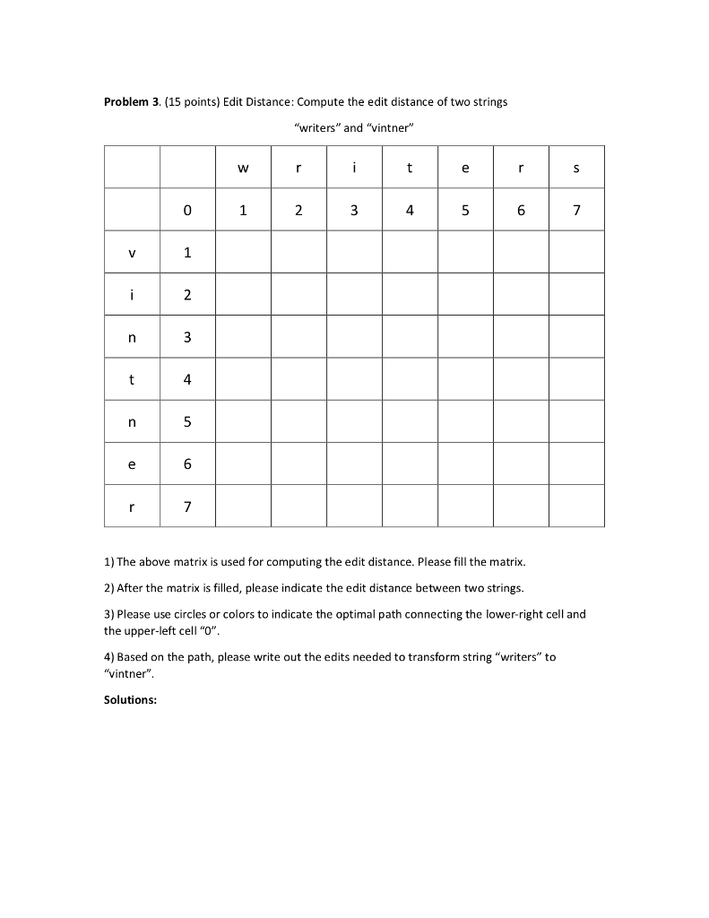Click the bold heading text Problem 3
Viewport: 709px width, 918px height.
133,102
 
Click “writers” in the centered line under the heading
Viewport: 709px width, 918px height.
317,128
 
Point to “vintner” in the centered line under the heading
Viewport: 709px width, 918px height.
390,128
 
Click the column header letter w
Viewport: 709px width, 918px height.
243,168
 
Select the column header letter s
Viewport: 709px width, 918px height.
576,168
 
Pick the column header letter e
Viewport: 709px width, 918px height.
465,168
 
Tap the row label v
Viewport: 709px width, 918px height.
132,253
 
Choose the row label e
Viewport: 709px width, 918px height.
132,464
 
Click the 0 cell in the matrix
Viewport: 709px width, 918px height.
187,211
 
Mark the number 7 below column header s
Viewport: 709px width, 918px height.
576,211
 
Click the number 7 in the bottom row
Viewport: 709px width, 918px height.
187,507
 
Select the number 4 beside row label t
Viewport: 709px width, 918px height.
187,380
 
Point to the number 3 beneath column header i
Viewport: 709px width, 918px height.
354,211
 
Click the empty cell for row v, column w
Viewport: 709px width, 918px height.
243,253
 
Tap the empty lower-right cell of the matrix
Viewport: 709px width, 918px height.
576,507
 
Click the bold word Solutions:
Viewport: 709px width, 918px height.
131,700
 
